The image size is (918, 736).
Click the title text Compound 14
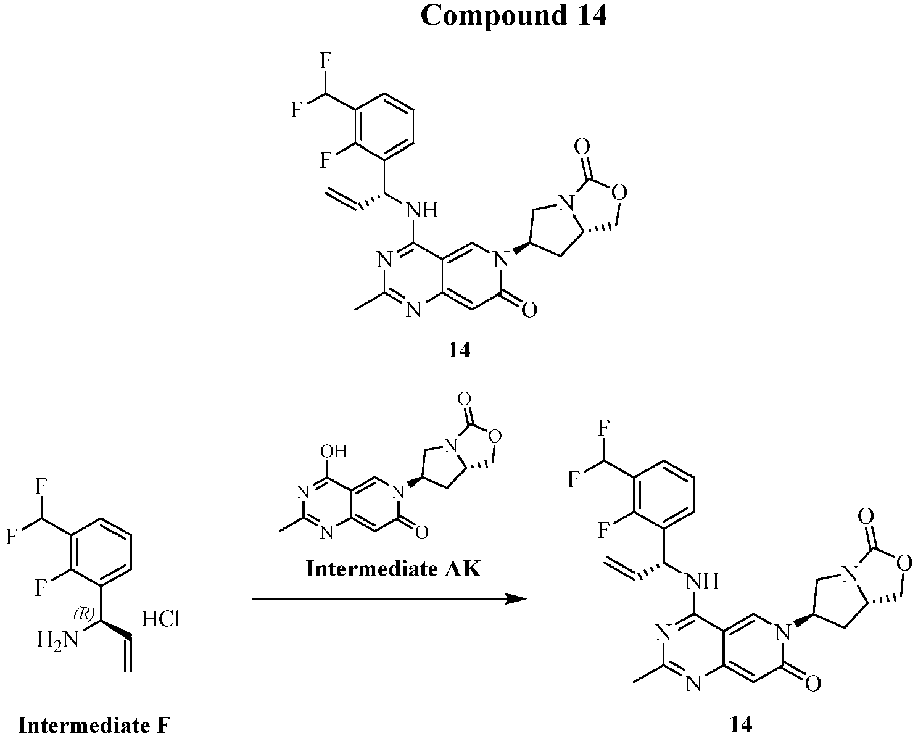coord(513,16)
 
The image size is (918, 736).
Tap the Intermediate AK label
coord(394,569)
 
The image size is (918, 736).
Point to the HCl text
coord(160,619)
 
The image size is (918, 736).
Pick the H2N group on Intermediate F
coord(58,639)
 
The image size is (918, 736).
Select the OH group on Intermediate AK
coord(333,451)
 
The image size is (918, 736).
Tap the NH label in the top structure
coord(422,210)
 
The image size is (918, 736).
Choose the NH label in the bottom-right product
coord(703,581)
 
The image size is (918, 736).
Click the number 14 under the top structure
coord(460,350)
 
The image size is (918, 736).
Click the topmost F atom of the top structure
coord(326,61)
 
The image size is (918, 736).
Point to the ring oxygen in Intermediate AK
coord(495,436)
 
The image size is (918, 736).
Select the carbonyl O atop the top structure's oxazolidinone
coord(581,147)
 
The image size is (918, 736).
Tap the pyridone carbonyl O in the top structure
coord(529,310)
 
